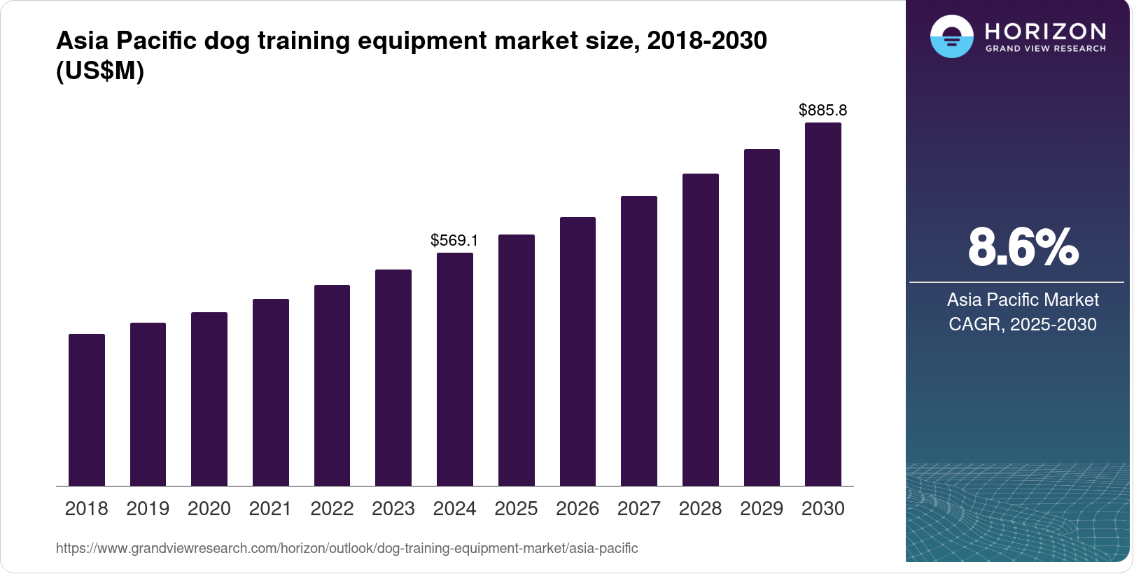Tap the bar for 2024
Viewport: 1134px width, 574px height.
tap(455, 369)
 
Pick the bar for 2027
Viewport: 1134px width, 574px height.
tap(639, 341)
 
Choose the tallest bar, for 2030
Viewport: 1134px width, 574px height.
tap(823, 304)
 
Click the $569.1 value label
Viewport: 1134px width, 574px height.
tap(454, 241)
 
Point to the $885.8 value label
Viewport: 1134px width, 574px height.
tap(822, 111)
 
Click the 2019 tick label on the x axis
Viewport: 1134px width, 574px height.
tap(148, 509)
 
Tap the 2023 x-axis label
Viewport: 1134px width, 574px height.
tap(393, 509)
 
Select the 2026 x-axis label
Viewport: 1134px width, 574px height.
tap(577, 509)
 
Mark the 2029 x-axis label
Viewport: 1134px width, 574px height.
tap(762, 509)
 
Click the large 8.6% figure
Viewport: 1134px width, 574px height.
tap(1023, 247)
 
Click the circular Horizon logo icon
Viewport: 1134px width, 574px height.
tap(951, 36)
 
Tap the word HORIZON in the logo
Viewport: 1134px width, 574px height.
tap(1045, 31)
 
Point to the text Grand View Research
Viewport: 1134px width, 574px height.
tap(1045, 49)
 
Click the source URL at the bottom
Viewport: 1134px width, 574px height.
tap(346, 549)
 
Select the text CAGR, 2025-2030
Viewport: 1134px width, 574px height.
tap(1022, 324)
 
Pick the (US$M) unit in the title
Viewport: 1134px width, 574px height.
tap(100, 71)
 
